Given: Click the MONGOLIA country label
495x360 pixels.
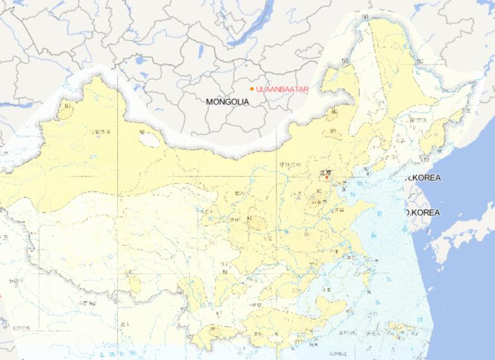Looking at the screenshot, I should (x=227, y=102).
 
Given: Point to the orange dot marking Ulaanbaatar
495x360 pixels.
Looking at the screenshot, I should (x=251, y=89).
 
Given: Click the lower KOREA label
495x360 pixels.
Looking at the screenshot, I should (x=423, y=213).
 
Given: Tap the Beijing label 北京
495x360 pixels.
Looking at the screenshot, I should (x=328, y=172).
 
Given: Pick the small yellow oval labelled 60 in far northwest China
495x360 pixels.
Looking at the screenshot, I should (x=66, y=110).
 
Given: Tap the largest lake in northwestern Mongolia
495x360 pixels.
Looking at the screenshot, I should (x=140, y=62).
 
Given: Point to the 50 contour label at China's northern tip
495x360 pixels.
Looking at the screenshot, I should (x=365, y=17).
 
